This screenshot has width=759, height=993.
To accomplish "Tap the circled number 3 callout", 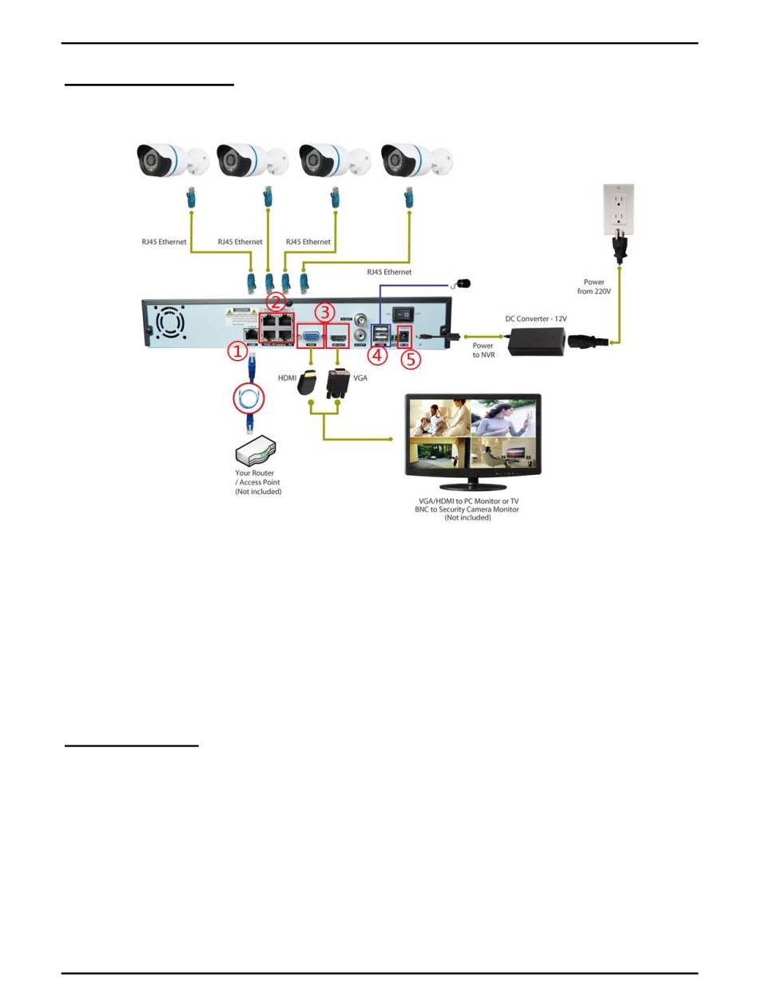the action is pyautogui.click(x=324, y=312).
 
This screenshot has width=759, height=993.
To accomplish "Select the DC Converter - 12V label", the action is pyautogui.click(x=534, y=319).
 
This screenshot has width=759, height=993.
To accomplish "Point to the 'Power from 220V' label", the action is pyautogui.click(x=595, y=286).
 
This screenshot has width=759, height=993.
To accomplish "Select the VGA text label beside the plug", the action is pyautogui.click(x=360, y=377).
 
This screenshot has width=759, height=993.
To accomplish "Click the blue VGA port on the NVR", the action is pyautogui.click(x=310, y=336).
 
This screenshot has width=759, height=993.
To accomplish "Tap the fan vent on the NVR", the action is pyautogui.click(x=169, y=323).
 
